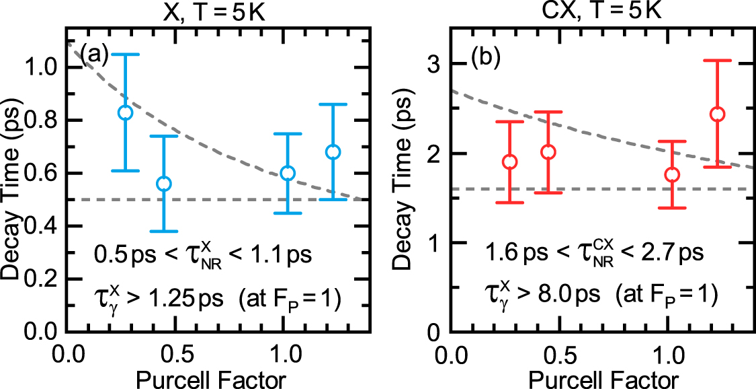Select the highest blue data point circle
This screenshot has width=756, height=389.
125,112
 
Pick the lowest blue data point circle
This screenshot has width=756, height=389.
163,184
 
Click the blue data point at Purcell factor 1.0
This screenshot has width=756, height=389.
288,173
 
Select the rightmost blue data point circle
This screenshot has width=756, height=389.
333,152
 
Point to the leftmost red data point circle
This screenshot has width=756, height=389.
509,162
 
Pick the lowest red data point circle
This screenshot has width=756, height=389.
672,174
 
